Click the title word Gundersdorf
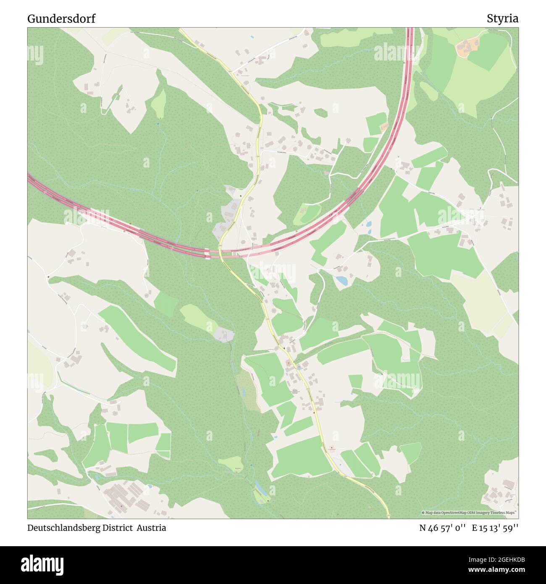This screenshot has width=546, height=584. coord(61,18)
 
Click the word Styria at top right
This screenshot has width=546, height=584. coord(502,18)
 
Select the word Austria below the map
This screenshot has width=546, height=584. coord(151,528)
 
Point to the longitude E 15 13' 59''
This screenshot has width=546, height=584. coord(495,528)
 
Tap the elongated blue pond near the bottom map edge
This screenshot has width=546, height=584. coord(260,488)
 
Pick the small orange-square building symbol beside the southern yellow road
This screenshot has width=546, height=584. coord(331,448)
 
